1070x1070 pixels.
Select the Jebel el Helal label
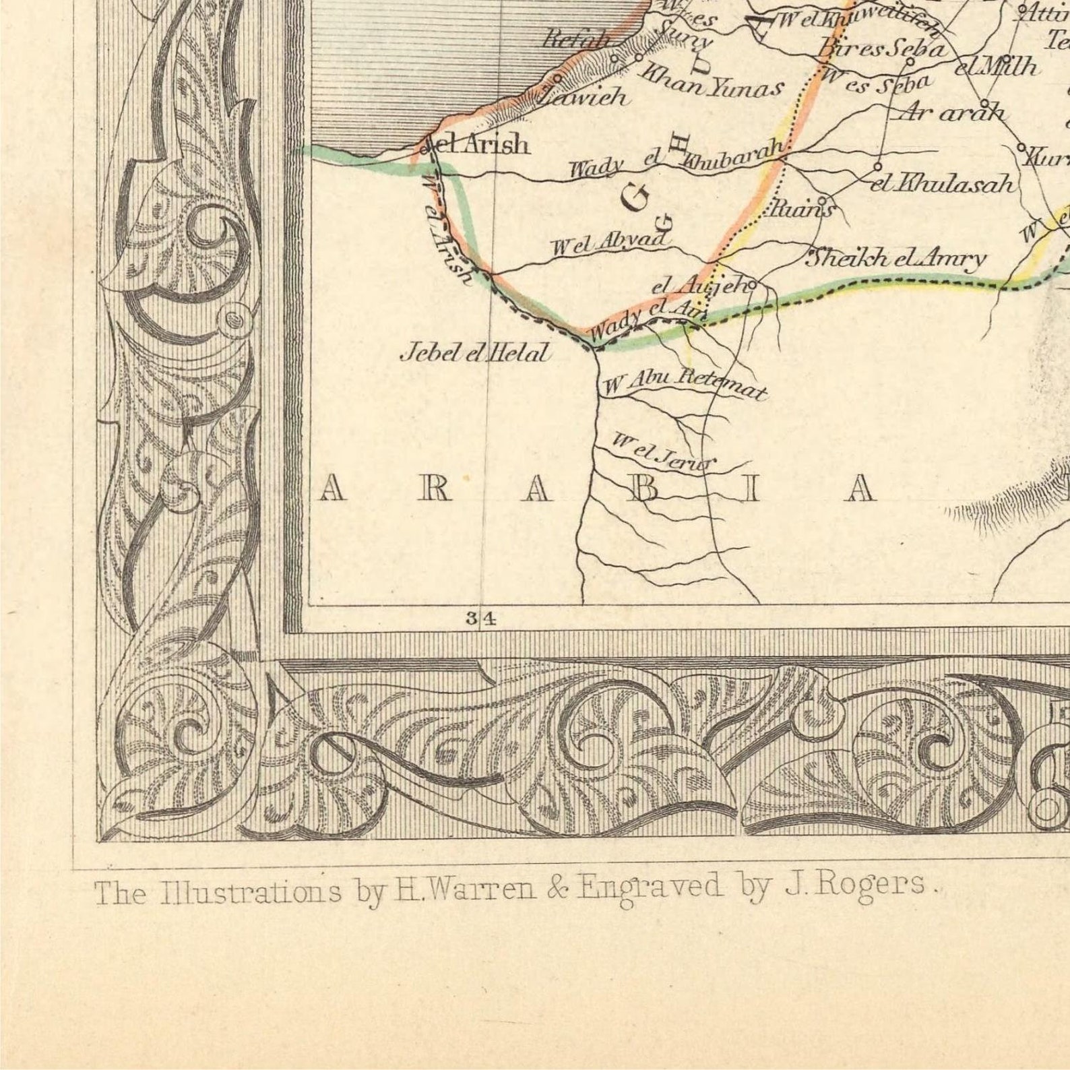475,352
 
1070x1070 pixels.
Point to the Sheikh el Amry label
895,258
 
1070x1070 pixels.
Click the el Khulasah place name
941,183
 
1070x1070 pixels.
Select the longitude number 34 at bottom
481,618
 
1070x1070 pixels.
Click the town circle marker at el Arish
425,150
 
